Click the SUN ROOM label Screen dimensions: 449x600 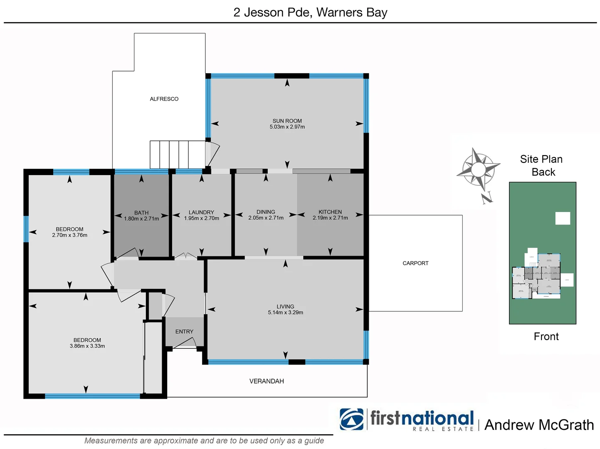pyautogui.click(x=287, y=121)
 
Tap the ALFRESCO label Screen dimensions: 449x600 pyautogui.click(x=164, y=99)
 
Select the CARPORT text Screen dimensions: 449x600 pyautogui.click(x=415, y=263)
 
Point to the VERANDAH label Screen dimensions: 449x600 pyautogui.click(x=267, y=381)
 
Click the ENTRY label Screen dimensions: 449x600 pyautogui.click(x=184, y=332)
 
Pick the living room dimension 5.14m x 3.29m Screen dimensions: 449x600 pyautogui.click(x=285, y=313)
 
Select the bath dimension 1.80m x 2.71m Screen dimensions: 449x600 pyautogui.click(x=141, y=219)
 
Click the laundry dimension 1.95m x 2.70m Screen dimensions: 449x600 pyautogui.click(x=201, y=218)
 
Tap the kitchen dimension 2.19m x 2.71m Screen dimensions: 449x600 pyautogui.click(x=330, y=218)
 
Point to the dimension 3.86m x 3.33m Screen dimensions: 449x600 pyautogui.click(x=87, y=346)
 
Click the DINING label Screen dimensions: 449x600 pyautogui.click(x=266, y=212)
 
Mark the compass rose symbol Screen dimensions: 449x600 pyautogui.click(x=478, y=169)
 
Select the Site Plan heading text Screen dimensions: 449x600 pyautogui.click(x=541, y=159)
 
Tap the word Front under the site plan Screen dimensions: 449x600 pyautogui.click(x=546, y=337)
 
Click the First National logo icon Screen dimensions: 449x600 pyautogui.click(x=351, y=419)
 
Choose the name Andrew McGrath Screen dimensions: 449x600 pyautogui.click(x=539, y=425)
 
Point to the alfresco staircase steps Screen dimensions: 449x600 pyautogui.click(x=178, y=154)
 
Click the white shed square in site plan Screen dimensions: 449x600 pyautogui.click(x=563, y=218)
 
